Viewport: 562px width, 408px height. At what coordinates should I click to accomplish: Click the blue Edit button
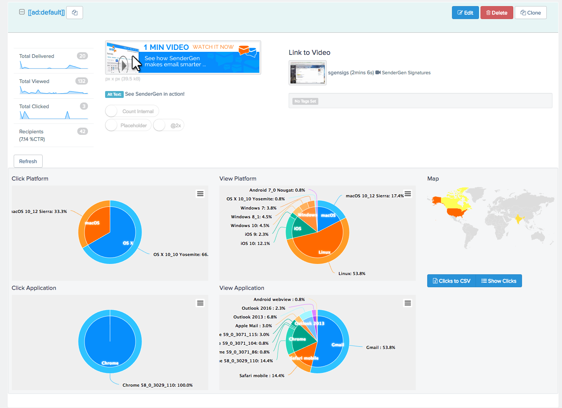pos(465,13)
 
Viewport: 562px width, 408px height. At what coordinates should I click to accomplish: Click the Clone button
pos(530,13)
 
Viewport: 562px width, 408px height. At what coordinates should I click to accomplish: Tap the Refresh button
pos(28,161)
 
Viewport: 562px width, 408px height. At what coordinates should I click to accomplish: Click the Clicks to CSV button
pos(452,281)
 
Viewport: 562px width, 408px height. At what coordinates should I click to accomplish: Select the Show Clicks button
pos(499,281)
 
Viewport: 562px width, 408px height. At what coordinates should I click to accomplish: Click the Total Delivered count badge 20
pos(82,56)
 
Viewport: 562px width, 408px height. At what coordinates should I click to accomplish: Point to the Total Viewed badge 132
pos(81,81)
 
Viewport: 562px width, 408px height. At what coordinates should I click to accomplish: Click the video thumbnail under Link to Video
pos(307,73)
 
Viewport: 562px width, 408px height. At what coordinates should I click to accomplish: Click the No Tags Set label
pos(305,101)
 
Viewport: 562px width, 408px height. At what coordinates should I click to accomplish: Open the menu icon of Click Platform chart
pos(200,194)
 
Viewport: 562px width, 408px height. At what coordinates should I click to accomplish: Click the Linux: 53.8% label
pos(352,274)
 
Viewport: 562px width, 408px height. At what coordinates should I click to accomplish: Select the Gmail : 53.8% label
pos(380,347)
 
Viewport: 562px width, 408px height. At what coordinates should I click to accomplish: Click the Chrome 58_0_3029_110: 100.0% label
pos(157,385)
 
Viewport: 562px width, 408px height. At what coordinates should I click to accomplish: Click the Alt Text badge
pos(114,94)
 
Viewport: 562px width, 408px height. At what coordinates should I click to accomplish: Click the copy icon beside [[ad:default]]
pos(75,13)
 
